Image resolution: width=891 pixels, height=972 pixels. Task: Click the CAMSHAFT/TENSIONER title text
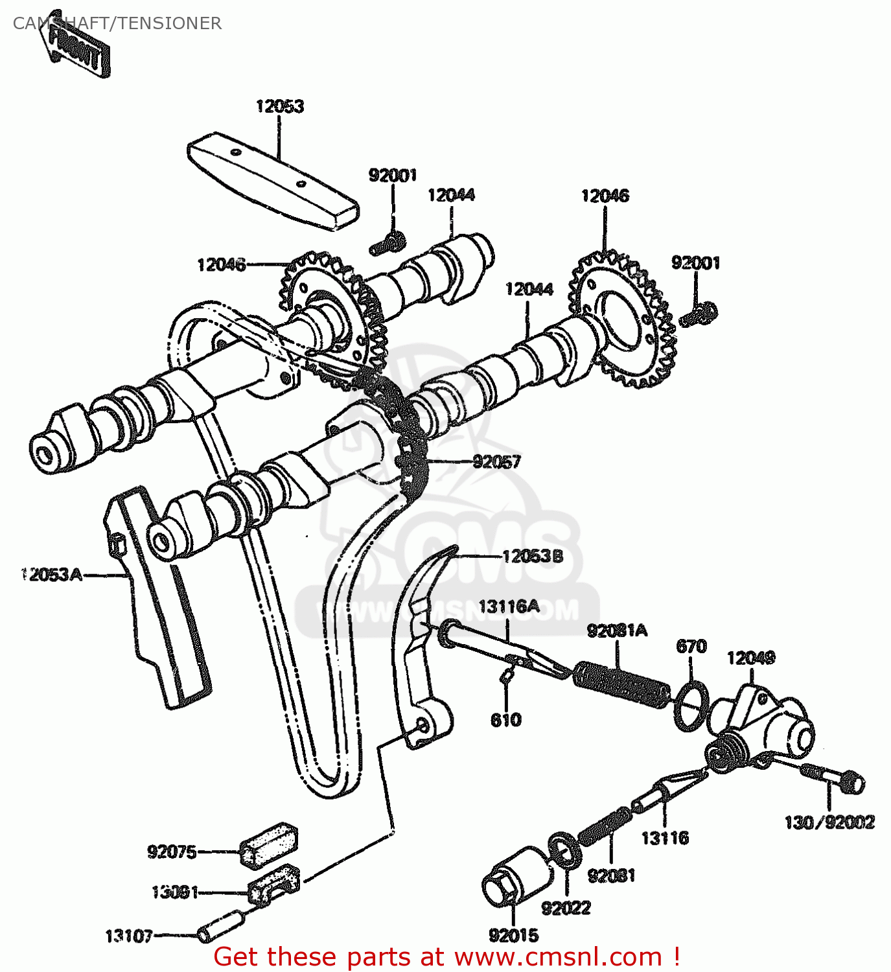point(117,23)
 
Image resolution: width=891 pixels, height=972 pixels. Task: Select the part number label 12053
point(279,106)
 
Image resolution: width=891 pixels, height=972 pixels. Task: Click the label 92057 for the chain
point(496,461)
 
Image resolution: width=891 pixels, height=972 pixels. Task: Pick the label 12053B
point(533,556)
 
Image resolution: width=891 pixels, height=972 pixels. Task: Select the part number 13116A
point(509,606)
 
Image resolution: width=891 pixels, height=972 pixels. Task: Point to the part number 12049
point(750,658)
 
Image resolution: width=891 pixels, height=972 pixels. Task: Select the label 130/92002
point(829,822)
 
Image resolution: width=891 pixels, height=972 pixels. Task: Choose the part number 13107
point(129,936)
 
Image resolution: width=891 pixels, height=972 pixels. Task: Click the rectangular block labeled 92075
point(269,844)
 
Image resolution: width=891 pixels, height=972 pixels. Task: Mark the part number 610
point(505,720)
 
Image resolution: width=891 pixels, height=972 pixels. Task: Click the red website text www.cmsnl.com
point(558,957)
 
